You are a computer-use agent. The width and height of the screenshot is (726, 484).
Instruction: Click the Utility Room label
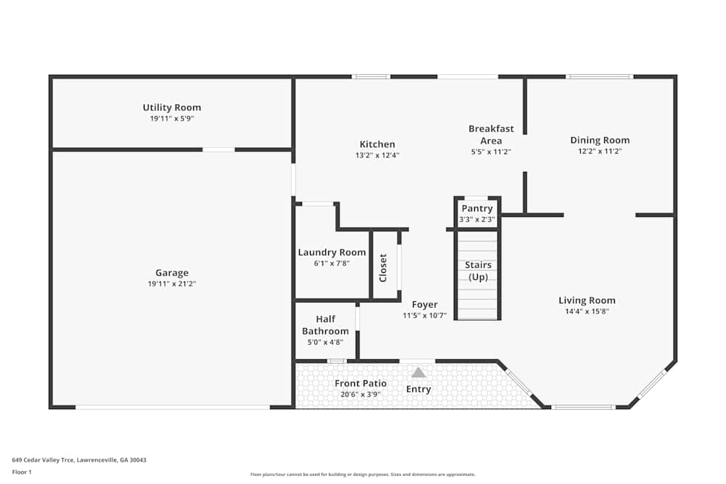[x=171, y=107]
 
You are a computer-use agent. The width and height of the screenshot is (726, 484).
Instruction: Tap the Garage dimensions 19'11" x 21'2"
[x=171, y=284]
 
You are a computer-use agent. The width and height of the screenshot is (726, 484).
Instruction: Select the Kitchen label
[x=378, y=144]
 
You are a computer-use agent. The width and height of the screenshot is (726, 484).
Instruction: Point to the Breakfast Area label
[x=491, y=134]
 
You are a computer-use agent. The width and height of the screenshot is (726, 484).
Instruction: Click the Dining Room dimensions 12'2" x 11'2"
[x=600, y=152]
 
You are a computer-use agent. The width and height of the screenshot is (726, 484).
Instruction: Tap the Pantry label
[x=477, y=208]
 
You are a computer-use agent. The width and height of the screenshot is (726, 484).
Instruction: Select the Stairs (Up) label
[x=477, y=271]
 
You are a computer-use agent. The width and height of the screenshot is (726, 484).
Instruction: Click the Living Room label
[x=587, y=300]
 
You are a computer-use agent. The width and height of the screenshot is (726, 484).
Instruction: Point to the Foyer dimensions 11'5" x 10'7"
[x=425, y=316]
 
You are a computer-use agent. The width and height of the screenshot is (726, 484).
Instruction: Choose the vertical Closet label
[x=383, y=267]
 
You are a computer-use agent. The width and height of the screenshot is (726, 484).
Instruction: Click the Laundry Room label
[x=332, y=253]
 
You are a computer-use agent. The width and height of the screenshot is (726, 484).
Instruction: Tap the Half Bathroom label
[x=325, y=325]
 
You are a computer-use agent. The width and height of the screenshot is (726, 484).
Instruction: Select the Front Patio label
[x=360, y=383]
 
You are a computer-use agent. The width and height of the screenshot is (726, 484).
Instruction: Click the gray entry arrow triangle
[x=419, y=372]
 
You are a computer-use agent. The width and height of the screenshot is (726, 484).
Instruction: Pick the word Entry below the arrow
[x=419, y=389]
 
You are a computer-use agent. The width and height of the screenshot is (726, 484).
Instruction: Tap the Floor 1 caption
[x=22, y=472]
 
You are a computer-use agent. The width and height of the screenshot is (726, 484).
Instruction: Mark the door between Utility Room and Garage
[x=219, y=149]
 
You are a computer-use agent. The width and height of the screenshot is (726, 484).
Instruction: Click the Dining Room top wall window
[x=599, y=76]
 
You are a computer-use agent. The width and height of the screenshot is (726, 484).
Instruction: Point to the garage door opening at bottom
[x=173, y=407]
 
